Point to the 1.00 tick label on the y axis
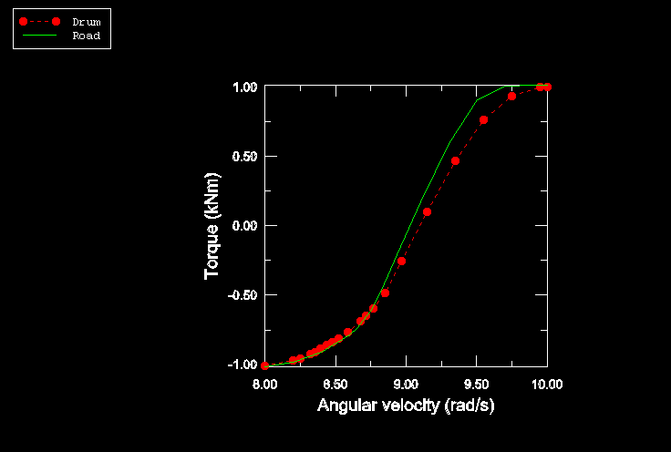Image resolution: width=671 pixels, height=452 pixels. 243,87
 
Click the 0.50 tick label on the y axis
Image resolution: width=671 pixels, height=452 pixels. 243,157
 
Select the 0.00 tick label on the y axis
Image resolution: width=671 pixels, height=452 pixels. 243,226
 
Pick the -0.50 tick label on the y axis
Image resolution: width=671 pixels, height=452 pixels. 242,295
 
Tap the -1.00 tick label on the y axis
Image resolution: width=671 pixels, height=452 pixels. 242,365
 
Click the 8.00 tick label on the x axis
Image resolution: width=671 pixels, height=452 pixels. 264,385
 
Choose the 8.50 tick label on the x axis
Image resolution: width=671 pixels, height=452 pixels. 335,385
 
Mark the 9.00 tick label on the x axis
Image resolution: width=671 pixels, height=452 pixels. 406,385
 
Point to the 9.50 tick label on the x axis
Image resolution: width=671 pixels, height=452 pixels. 477,385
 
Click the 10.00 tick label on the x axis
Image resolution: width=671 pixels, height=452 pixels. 547,385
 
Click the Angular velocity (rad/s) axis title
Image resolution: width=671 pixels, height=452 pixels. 406,406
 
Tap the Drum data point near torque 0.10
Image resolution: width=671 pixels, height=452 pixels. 427,211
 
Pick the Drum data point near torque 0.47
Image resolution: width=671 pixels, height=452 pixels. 455,160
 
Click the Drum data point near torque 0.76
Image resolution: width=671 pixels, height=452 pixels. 483,119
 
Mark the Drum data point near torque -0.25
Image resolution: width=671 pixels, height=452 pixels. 401,261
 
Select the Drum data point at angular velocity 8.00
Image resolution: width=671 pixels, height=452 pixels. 265,365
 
